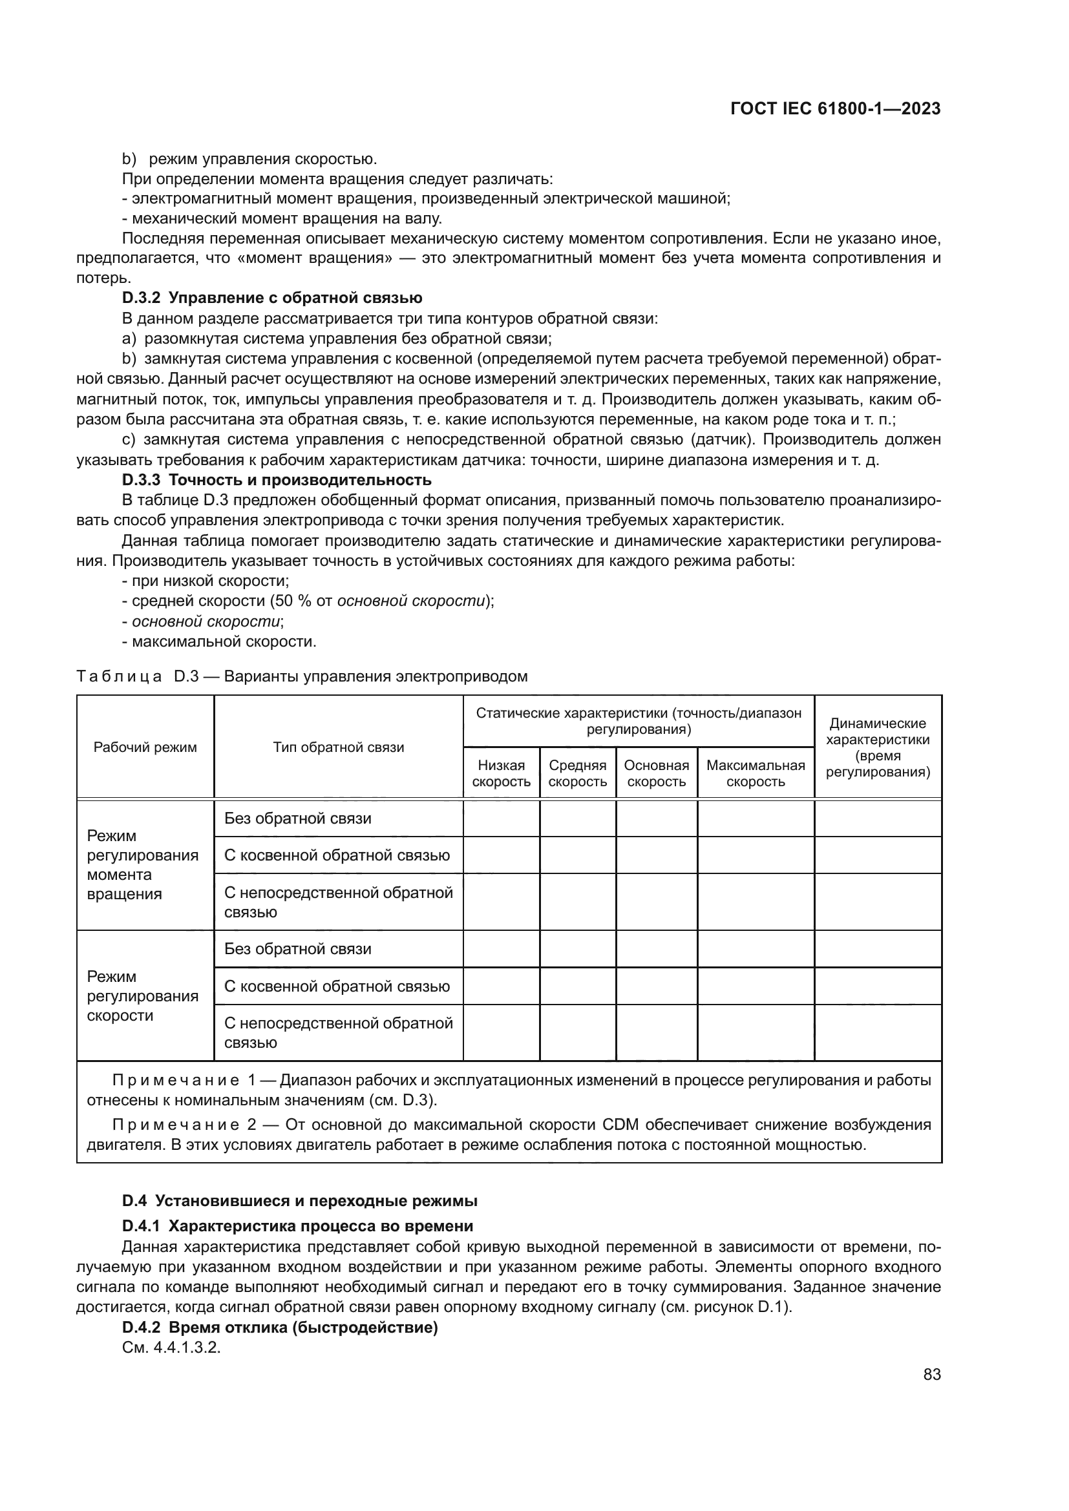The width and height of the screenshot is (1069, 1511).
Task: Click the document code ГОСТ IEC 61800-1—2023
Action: pos(834,109)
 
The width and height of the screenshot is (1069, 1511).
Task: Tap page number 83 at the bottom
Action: pos(931,1374)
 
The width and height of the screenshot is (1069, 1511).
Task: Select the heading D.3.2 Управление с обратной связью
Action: pos(272,298)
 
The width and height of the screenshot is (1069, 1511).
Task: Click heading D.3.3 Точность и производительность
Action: pos(277,480)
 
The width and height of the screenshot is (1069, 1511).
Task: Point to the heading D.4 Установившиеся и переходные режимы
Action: pos(299,1200)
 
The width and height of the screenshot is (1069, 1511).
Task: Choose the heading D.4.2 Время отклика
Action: pos(280,1328)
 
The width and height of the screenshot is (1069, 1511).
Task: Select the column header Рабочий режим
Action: pos(145,747)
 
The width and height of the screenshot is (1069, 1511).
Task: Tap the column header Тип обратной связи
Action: pos(338,747)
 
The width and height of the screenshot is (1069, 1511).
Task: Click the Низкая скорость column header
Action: pos(501,773)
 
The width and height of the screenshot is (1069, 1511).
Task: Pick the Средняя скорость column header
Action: pos(577,773)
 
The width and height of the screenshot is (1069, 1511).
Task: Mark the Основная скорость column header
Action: pos(656,773)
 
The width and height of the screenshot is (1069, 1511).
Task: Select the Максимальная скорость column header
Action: pos(755,773)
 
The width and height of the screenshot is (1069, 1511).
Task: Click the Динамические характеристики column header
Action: pos(878,747)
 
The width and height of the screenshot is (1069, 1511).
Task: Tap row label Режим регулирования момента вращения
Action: pos(142,865)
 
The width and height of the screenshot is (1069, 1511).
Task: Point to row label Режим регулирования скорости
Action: pos(142,995)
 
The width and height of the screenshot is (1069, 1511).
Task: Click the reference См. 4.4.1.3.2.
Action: pos(171,1347)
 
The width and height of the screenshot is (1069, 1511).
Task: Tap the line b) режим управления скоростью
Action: pos(250,160)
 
